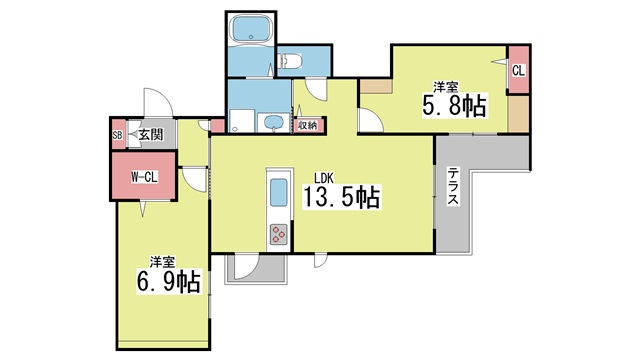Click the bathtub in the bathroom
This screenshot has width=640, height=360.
click(x=251, y=29)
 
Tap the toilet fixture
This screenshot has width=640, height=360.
click(x=290, y=62)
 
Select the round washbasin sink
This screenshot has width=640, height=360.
click(x=272, y=122)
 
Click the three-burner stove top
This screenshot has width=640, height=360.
click(x=278, y=234)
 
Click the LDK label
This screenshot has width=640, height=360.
click(x=324, y=178)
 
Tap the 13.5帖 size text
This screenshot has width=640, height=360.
click(x=341, y=197)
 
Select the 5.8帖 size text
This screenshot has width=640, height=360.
click(x=454, y=106)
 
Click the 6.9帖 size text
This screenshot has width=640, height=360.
click(x=168, y=281)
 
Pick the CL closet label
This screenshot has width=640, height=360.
click(x=518, y=71)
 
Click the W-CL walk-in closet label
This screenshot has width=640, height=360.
click(x=144, y=177)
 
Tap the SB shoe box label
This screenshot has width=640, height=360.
click(x=117, y=135)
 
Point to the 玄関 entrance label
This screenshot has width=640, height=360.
click(x=151, y=134)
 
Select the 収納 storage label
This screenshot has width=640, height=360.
click(x=307, y=125)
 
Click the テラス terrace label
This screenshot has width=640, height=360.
click(x=453, y=186)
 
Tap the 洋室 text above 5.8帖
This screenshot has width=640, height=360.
click(x=445, y=87)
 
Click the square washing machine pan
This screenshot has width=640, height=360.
click(x=242, y=121)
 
